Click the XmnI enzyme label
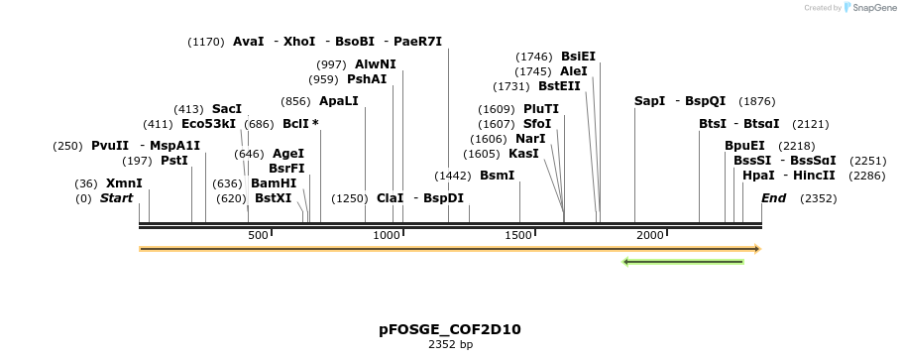124,183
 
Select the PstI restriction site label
174,161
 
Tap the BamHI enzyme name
274,183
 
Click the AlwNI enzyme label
376,63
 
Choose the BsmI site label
498,176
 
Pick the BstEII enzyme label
559,86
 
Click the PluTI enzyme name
541,109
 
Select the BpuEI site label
744,146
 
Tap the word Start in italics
116,198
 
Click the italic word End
773,198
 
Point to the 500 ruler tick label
259,235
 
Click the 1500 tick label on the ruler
519,235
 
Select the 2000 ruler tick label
650,235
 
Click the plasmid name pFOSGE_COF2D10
450,329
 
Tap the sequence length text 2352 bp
450,344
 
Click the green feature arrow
683,262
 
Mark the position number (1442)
453,176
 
